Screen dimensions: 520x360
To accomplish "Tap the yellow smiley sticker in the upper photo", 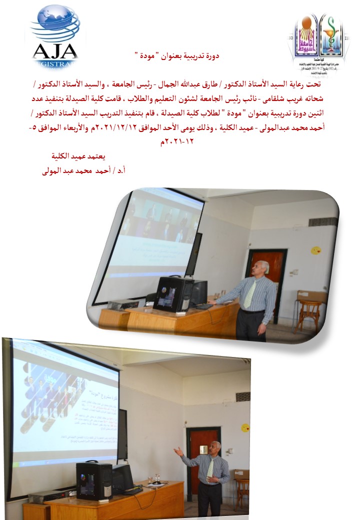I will (316, 249).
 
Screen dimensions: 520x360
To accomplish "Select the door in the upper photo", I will (272, 277).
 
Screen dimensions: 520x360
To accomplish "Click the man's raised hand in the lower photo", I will (177, 451).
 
